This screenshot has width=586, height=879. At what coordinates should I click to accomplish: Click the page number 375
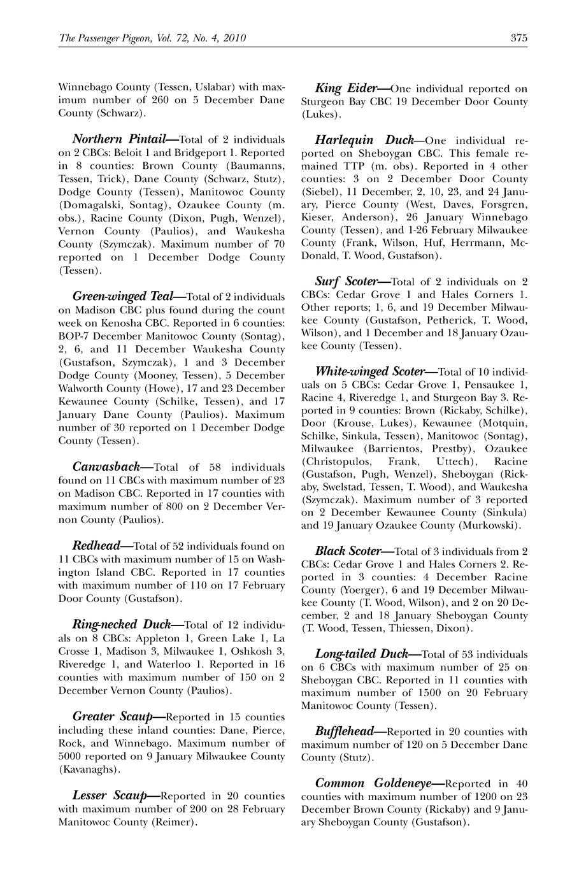coord(518,38)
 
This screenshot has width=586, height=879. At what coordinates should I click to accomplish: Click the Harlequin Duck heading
coord(366,140)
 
